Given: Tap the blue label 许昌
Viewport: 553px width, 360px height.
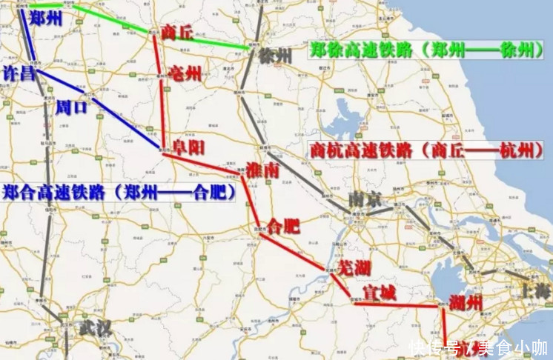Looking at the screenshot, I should click(x=19, y=74).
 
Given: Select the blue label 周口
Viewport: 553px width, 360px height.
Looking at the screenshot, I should click(x=71, y=107).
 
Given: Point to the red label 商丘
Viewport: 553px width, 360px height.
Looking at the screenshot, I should click(x=176, y=33).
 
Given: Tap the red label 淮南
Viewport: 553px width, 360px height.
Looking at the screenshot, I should click(x=262, y=170).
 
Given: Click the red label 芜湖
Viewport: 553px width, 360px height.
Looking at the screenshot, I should click(x=354, y=267).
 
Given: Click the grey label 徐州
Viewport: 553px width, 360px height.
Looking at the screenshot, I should click(x=280, y=56).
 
